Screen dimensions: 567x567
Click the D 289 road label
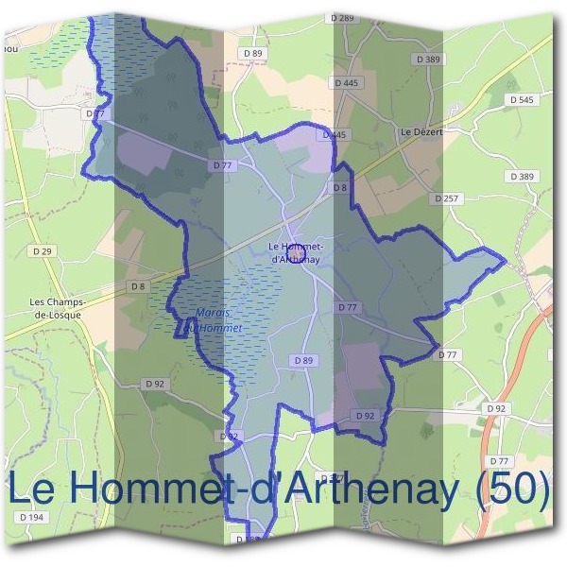click(x=344, y=19)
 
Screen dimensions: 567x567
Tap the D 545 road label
click(x=521, y=99)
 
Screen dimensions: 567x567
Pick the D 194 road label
click(x=31, y=518)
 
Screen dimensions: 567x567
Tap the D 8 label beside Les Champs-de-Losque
click(x=139, y=286)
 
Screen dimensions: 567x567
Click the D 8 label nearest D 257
click(x=340, y=188)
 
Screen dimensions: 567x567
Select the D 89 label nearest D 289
click(x=254, y=53)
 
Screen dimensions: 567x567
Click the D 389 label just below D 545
click(x=521, y=177)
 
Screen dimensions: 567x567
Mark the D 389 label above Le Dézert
click(x=428, y=60)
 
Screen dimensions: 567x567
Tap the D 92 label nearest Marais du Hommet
click(x=155, y=384)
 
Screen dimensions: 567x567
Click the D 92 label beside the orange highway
click(x=495, y=408)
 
